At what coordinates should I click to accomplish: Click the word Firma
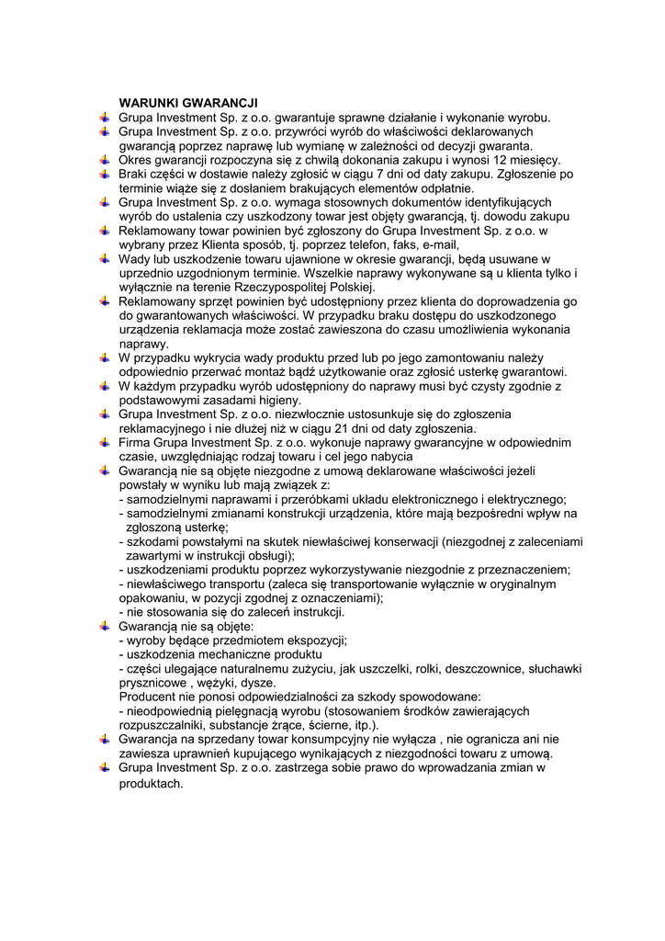point(135,442)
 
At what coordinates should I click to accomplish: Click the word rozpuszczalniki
point(163,725)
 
